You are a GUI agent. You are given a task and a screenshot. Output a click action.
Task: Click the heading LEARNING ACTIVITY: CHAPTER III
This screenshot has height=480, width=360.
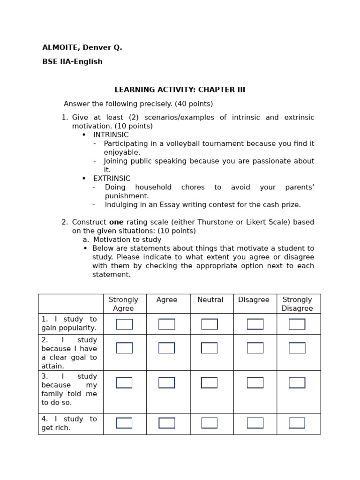tap(180, 90)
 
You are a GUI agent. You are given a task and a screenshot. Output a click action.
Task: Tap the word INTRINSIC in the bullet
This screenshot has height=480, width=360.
tap(111, 135)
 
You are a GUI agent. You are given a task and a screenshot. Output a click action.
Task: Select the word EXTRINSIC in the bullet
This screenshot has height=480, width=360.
tap(112, 179)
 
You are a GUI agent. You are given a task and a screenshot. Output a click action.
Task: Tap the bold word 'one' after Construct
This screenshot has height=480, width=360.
tap(116, 222)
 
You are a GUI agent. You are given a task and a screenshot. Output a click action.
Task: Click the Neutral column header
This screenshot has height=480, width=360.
tap(210, 300)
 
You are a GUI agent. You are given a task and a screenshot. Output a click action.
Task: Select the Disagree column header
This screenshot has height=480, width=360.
tap(254, 300)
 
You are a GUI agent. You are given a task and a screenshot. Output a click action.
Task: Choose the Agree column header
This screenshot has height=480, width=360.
tap(167, 300)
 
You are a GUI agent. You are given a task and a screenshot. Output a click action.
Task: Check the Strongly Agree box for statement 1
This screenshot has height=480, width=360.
tap(124, 324)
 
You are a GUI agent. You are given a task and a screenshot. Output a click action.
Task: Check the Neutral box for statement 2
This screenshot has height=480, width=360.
tap(209, 348)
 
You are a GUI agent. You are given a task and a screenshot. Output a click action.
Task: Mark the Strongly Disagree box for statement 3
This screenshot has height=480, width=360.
tap(297, 383)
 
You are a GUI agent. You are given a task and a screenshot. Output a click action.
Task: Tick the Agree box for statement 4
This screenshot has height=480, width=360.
tap(167, 423)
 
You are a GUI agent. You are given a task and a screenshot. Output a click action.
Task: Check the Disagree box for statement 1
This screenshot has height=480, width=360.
tap(255, 324)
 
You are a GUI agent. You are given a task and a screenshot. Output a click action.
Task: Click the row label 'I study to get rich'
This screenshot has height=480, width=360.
tap(69, 423)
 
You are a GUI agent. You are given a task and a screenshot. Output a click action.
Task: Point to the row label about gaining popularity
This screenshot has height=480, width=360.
tap(69, 323)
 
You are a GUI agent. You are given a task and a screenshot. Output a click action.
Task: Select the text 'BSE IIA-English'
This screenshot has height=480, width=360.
tap(72, 62)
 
